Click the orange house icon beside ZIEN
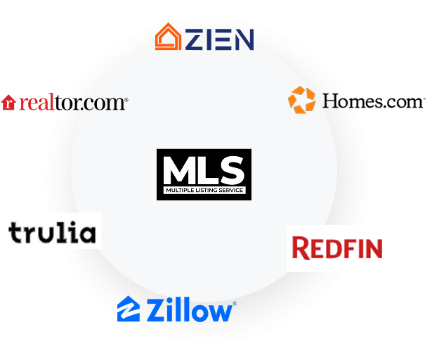pyautogui.click(x=168, y=37)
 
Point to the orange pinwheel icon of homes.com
pyautogui.click(x=301, y=100)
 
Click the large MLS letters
pyautogui.click(x=203, y=171)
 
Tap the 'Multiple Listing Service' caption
pyautogui.click(x=203, y=191)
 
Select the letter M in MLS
pyautogui.click(x=177, y=171)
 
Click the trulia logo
pyautogui.click(x=52, y=232)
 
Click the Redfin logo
pyautogui.click(x=336, y=247)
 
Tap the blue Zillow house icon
pyautogui.click(x=129, y=309)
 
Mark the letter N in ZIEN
pyautogui.click(x=242, y=39)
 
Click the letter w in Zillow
pyautogui.click(x=219, y=311)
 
